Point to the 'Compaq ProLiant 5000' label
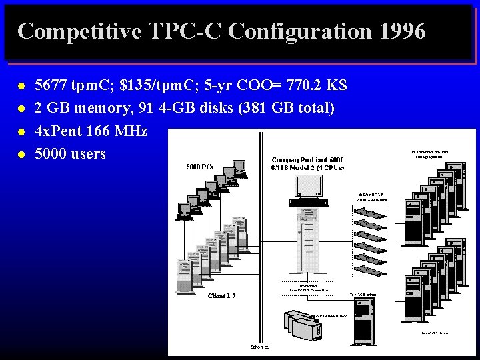pyautogui.click(x=307, y=160)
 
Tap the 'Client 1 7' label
pyautogui.click(x=221, y=295)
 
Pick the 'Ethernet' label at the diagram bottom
pyautogui.click(x=260, y=347)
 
